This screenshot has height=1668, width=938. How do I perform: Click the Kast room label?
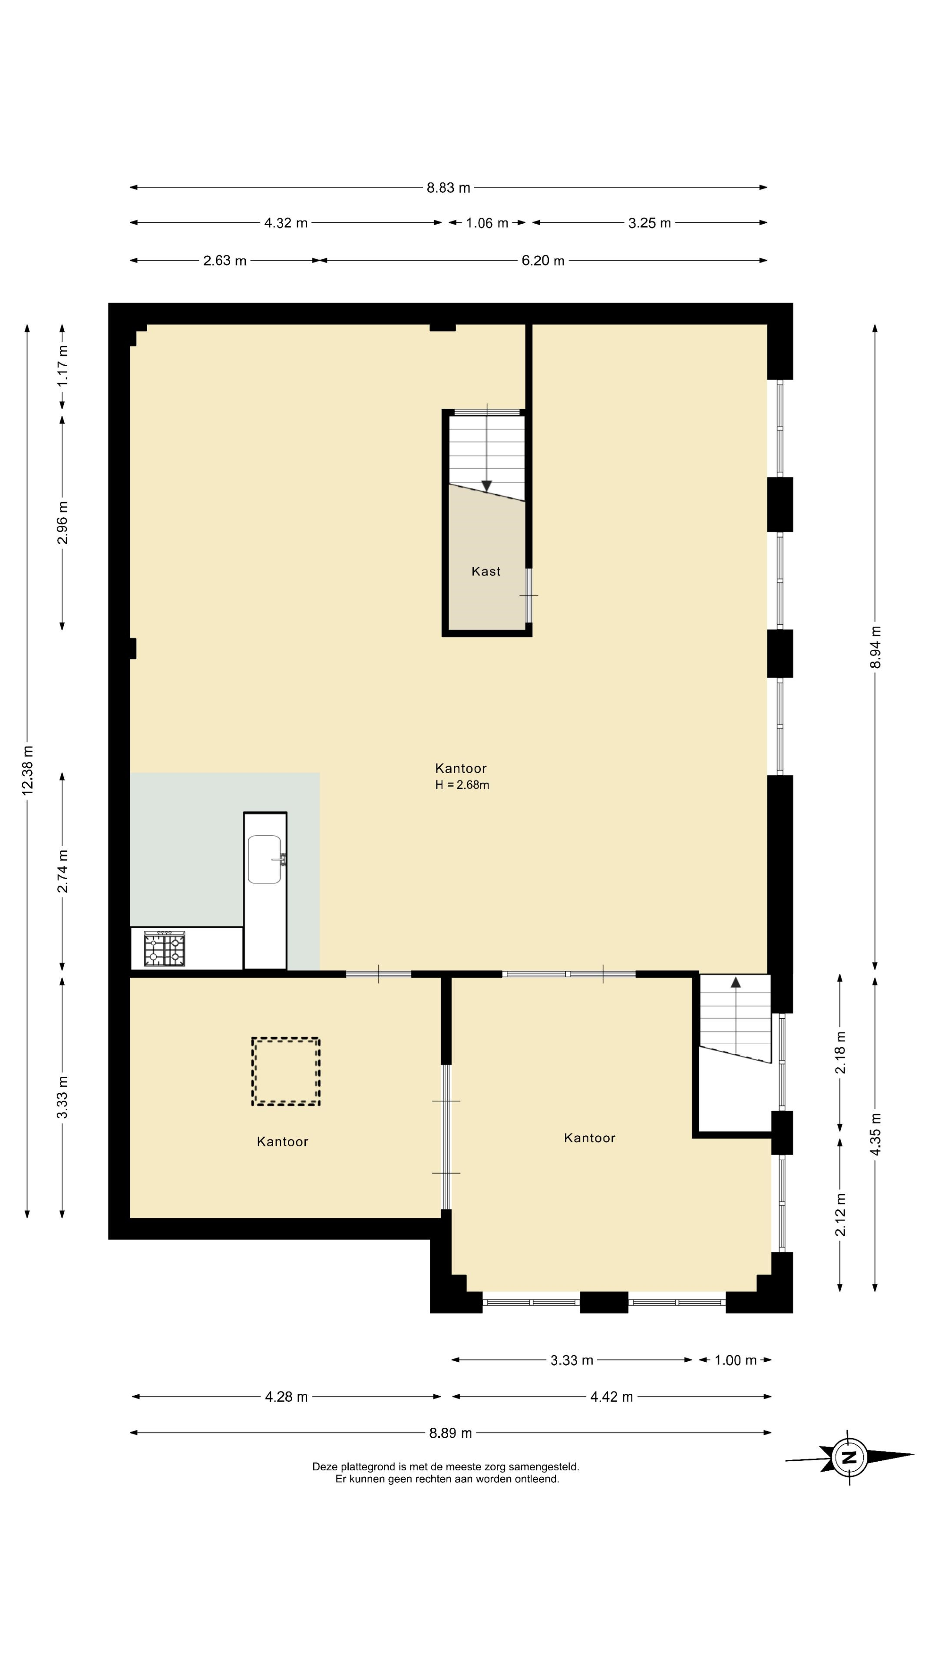[x=486, y=571]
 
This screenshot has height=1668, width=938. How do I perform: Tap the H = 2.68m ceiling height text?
[x=462, y=785]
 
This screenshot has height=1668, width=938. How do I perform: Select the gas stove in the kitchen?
[x=165, y=949]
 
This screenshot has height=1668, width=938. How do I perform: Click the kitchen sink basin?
[x=265, y=859]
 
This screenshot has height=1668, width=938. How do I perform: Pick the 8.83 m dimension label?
[x=448, y=188]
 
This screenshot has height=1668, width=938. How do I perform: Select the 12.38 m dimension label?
[x=27, y=770]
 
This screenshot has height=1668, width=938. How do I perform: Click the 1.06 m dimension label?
[x=487, y=223]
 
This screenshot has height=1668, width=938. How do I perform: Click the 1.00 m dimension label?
[x=735, y=1360]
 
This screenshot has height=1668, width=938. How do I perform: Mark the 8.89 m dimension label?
[x=451, y=1433]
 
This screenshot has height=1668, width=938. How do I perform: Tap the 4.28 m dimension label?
[x=286, y=1397]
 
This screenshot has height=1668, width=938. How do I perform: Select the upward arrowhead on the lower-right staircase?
[x=735, y=982]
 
